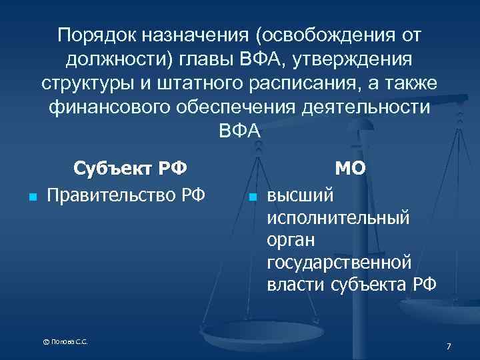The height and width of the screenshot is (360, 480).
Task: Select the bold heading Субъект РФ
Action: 130,167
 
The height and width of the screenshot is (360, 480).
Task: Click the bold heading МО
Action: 350,167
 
